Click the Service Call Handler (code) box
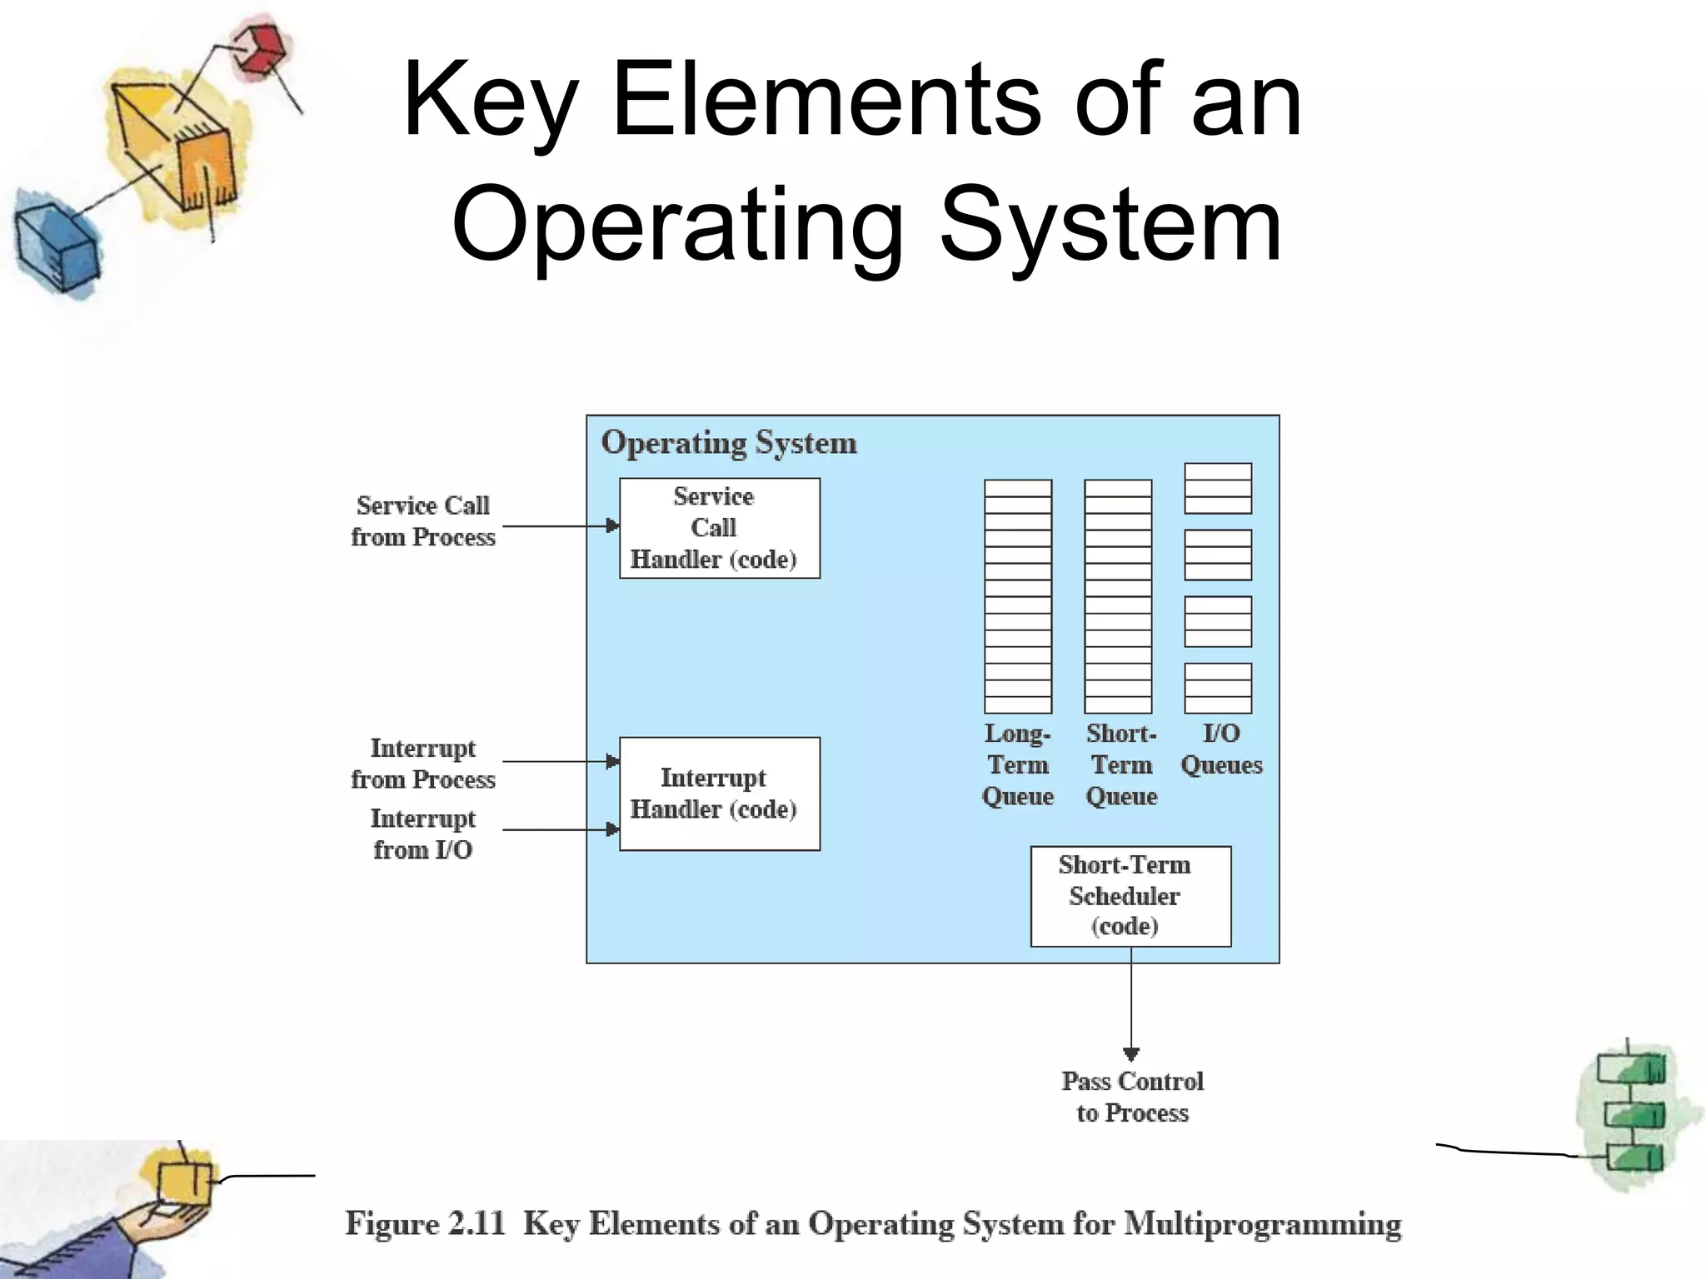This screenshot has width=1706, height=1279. (719, 528)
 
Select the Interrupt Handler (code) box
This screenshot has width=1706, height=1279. (719, 794)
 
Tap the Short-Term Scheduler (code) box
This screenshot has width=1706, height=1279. (1130, 896)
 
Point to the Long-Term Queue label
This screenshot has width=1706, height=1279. (1017, 764)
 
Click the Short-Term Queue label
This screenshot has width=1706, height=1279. (1121, 764)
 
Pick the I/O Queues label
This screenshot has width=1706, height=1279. (1221, 749)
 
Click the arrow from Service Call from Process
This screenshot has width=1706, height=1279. (560, 525)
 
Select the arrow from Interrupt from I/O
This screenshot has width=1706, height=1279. (560, 829)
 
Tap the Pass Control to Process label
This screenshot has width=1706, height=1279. (1132, 1097)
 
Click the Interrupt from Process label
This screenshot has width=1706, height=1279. (423, 763)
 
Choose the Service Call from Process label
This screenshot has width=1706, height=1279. (423, 521)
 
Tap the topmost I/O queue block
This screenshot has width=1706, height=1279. (1217, 488)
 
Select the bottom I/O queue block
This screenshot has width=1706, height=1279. (1217, 688)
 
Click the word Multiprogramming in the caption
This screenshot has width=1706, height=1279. (1262, 1224)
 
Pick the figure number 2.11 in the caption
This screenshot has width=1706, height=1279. (476, 1224)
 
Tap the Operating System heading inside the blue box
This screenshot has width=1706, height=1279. (729, 443)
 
